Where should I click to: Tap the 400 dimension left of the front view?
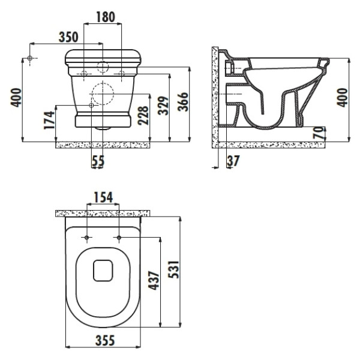pos(16,97)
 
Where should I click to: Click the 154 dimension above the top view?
pos(103,197)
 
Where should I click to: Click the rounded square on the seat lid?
pos(104,271)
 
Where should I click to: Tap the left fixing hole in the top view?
pos(88,238)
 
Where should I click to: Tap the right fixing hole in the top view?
pos(119,238)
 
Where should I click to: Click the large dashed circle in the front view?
pos(103,94)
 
